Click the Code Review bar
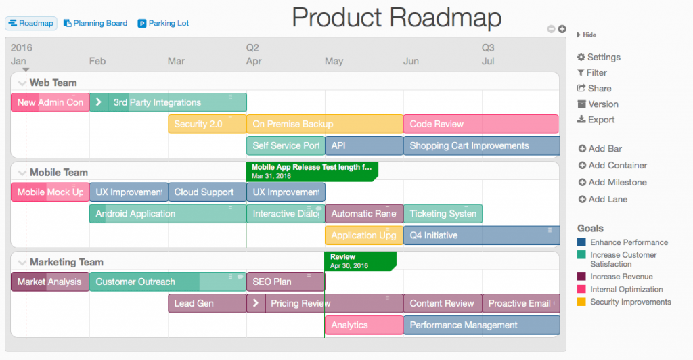480,124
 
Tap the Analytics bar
363,325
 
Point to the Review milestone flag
359,261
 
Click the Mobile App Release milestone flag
311,171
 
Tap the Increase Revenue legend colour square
581,277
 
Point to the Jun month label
411,61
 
